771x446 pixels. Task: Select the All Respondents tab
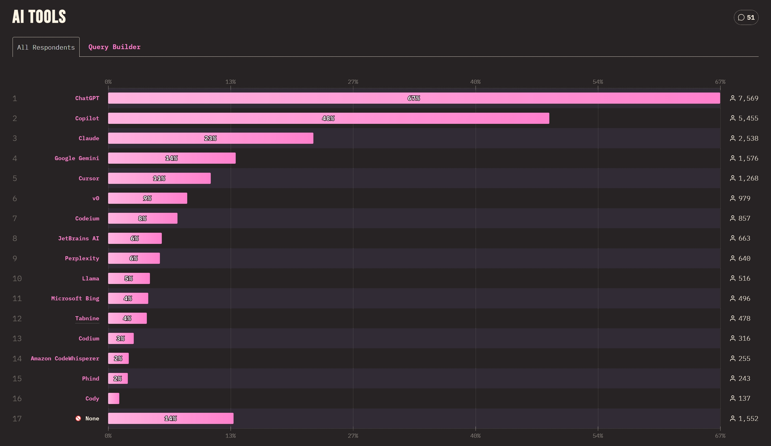point(46,47)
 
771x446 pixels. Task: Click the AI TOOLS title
point(39,17)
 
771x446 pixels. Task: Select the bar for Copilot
point(328,118)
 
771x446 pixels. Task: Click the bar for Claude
point(211,138)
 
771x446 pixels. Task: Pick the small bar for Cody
point(114,398)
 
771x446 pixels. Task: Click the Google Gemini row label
point(77,158)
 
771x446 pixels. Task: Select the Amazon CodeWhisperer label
point(65,358)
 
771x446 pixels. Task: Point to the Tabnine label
point(87,318)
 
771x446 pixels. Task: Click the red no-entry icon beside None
point(78,418)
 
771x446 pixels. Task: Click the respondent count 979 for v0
point(744,198)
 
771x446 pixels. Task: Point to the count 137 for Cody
point(744,398)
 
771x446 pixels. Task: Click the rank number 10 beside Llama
point(17,279)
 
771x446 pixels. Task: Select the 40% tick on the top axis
point(475,82)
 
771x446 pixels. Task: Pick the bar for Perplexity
point(134,258)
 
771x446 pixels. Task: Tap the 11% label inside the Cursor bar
point(159,178)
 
